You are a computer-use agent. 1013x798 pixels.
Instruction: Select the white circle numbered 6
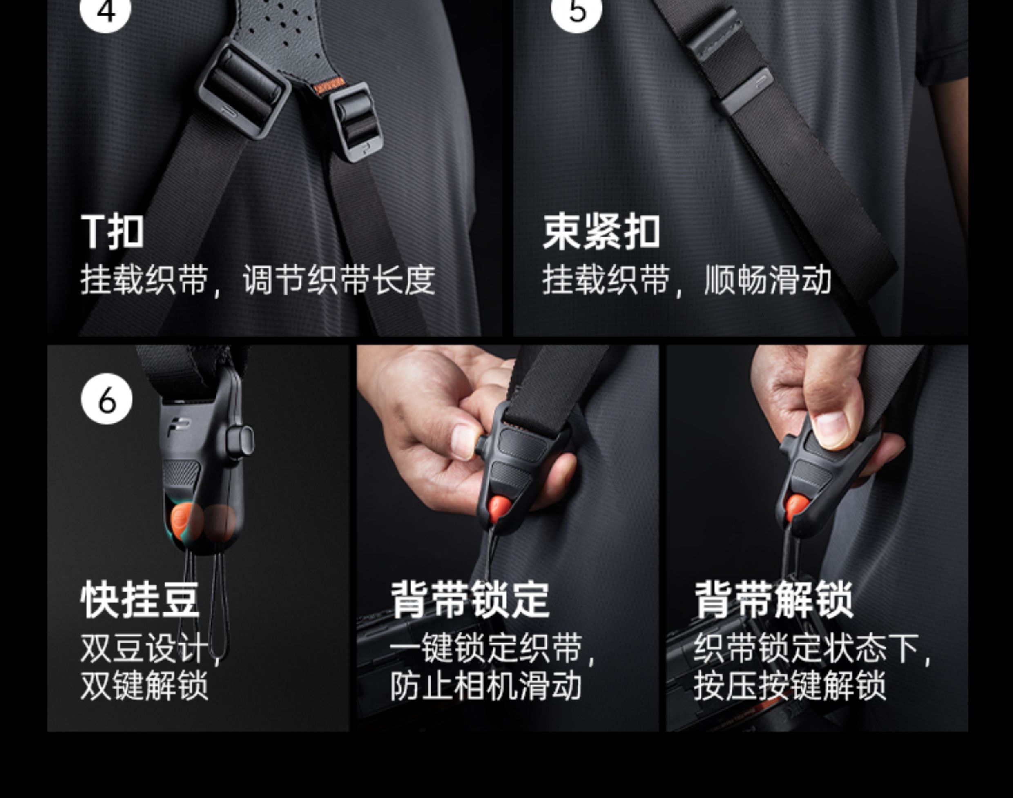click(107, 399)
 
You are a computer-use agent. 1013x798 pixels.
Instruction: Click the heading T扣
click(112, 232)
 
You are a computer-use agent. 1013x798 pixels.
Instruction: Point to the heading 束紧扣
click(601, 232)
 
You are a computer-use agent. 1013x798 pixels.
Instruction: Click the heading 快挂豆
click(140, 600)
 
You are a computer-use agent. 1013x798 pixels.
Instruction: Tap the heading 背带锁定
click(470, 600)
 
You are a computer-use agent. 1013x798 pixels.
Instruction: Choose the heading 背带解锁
click(774, 600)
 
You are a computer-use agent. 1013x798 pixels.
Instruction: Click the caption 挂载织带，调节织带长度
click(258, 280)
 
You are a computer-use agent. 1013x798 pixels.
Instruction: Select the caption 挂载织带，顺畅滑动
click(687, 280)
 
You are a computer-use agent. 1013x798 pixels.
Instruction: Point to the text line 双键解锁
click(145, 685)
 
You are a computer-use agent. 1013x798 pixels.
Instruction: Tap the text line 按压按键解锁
click(790, 685)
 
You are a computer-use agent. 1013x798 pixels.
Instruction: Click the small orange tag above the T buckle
click(329, 86)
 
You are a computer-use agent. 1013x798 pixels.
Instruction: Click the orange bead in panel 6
click(186, 522)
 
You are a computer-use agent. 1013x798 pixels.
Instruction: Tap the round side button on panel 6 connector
click(241, 440)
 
